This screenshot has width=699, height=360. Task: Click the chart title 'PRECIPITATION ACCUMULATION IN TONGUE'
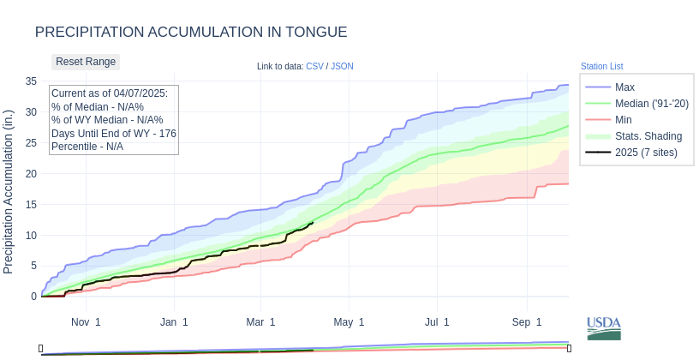[x=191, y=32]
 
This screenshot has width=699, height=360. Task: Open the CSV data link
[x=314, y=66]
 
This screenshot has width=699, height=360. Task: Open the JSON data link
[x=342, y=66]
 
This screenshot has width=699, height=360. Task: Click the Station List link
[x=601, y=66]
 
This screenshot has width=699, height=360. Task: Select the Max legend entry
[x=624, y=87]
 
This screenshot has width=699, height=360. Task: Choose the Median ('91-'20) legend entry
[x=651, y=104]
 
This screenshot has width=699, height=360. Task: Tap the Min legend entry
[x=624, y=120]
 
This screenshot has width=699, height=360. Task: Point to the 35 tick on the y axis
[x=30, y=81]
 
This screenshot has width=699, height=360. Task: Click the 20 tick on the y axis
[x=30, y=173]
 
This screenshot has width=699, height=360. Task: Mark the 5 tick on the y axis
[x=33, y=266]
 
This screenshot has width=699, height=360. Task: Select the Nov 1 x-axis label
[x=86, y=322]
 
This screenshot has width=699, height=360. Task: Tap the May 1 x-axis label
[x=349, y=322]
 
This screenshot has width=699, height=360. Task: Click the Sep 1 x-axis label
[x=528, y=322]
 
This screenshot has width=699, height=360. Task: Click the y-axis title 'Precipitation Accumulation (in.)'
[x=9, y=191]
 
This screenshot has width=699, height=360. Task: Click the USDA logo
[x=604, y=328]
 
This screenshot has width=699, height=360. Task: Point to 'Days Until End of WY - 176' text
[x=114, y=134]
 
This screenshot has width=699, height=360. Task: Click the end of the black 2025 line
[x=313, y=223]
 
